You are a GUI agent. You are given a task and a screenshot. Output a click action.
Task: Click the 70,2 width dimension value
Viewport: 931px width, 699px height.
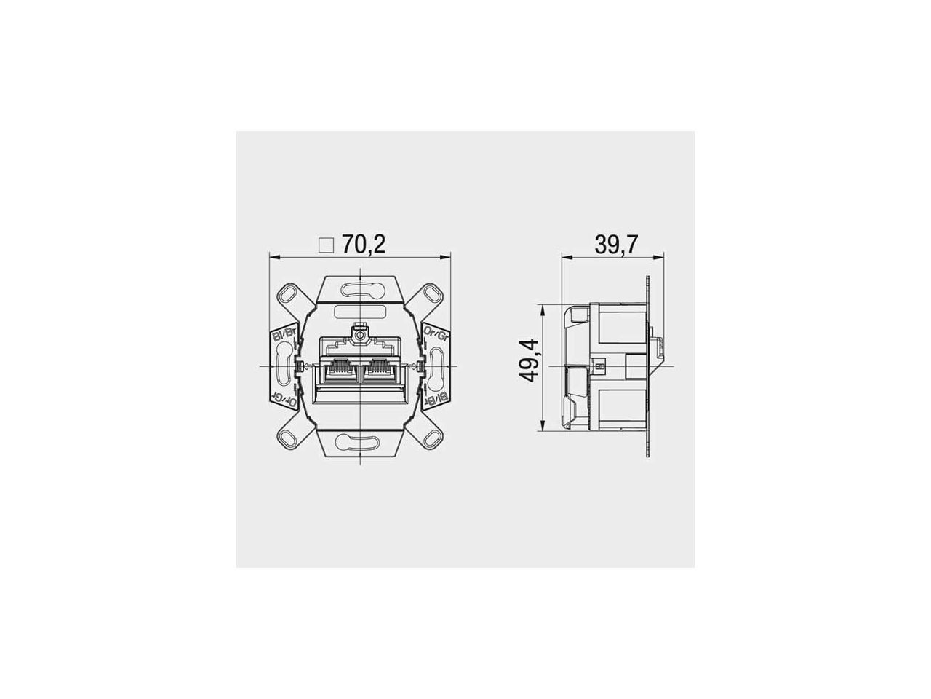point(364,245)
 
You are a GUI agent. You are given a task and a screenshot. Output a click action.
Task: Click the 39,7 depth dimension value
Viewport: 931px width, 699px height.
point(616,245)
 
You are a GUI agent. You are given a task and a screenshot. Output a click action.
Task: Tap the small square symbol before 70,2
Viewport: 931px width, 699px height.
point(327,245)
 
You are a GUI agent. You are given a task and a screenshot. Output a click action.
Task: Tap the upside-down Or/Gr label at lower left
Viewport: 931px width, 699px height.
point(284,398)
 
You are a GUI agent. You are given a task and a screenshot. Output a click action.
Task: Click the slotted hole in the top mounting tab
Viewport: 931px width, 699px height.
point(360,291)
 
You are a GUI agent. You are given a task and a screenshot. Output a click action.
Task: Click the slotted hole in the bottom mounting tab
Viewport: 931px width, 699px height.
point(360,441)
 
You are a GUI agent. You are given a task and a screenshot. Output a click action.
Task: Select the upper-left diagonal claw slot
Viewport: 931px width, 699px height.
point(289,294)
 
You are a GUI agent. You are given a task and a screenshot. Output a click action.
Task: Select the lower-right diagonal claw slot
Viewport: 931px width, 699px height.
point(431,438)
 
